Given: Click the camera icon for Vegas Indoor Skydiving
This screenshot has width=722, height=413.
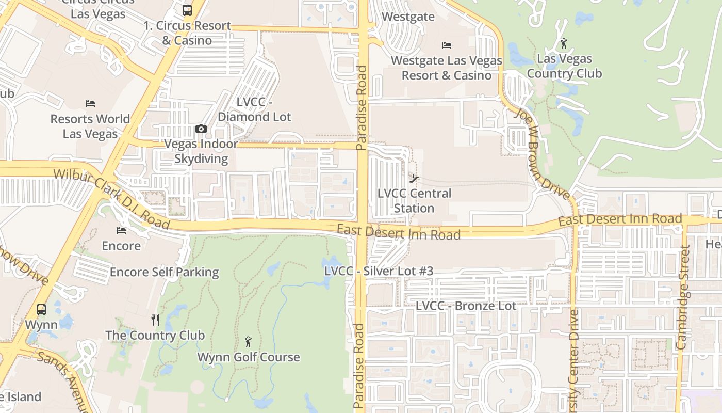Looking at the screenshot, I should pos(201,129).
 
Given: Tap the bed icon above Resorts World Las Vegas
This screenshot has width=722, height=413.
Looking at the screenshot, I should pos(90,104).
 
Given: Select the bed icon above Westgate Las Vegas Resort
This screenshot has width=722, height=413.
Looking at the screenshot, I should pos(447,45).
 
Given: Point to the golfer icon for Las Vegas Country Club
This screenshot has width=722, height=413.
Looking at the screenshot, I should pos(564,43).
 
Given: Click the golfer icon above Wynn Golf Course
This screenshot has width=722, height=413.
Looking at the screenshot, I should pos(248,342).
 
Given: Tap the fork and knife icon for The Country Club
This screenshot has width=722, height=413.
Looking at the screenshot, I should pos(155,320).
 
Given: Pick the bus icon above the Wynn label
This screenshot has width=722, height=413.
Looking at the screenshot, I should pos(41,310).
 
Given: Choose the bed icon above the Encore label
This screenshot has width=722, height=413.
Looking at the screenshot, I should pos(121,231).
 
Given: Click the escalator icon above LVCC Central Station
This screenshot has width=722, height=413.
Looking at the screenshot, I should pos(414,179).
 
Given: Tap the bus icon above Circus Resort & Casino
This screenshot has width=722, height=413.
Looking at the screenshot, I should pos(187,10).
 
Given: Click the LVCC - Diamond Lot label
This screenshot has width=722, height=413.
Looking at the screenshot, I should pos(254,109).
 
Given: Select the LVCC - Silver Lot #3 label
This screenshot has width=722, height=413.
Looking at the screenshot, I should pos(379,271).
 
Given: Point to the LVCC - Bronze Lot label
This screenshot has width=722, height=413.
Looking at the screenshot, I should pos(466,306).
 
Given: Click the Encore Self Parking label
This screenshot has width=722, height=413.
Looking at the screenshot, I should pos(164,272).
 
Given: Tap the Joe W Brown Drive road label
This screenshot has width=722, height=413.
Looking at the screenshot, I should pos(542,154).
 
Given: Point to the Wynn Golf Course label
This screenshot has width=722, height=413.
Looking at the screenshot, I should pos(249,357).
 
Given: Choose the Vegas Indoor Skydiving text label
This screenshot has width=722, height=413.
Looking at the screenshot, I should pos(201,151).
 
